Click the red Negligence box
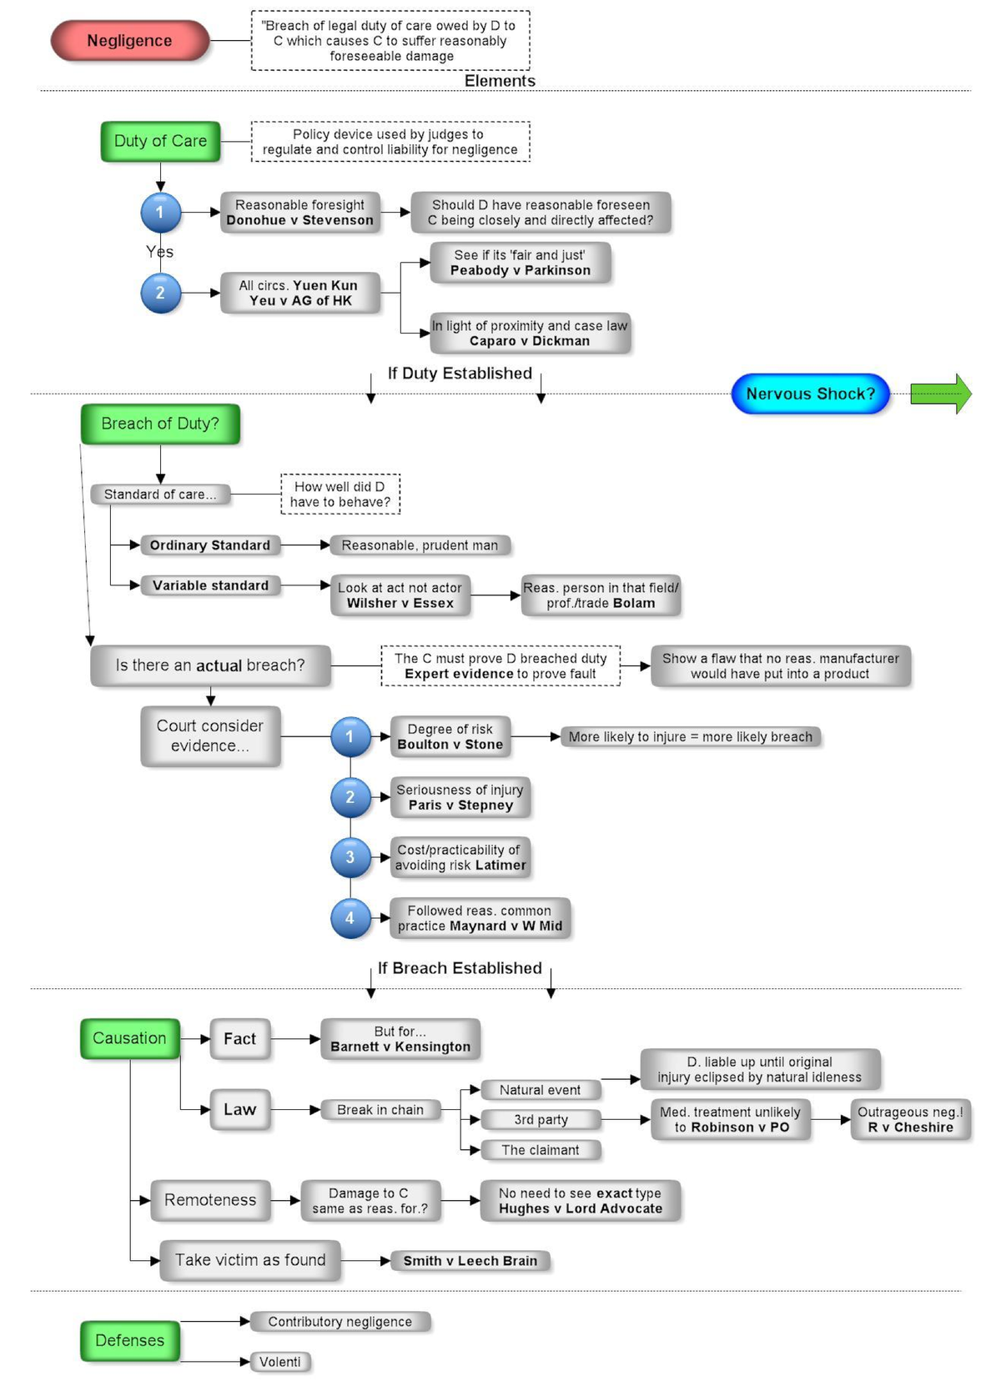(129, 41)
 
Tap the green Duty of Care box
(160, 141)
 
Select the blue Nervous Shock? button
(810, 394)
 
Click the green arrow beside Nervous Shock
(940, 394)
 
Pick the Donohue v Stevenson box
(299, 213)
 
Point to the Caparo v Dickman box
(529, 334)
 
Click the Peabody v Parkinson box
(520, 263)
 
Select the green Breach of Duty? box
(160, 424)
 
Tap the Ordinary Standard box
(209, 545)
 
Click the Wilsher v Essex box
(400, 595)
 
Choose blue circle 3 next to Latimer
(350, 857)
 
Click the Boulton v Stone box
(450, 736)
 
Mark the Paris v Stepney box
(460, 797)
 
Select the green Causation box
(129, 1038)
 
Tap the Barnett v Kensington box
(400, 1039)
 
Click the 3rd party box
(541, 1119)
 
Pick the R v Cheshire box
(910, 1119)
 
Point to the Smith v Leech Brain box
(470, 1261)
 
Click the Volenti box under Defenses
(279, 1362)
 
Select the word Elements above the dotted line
(500, 81)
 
